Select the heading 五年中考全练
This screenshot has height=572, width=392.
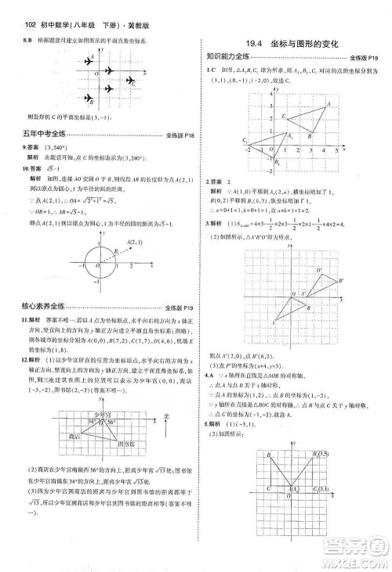(x=45, y=135)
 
